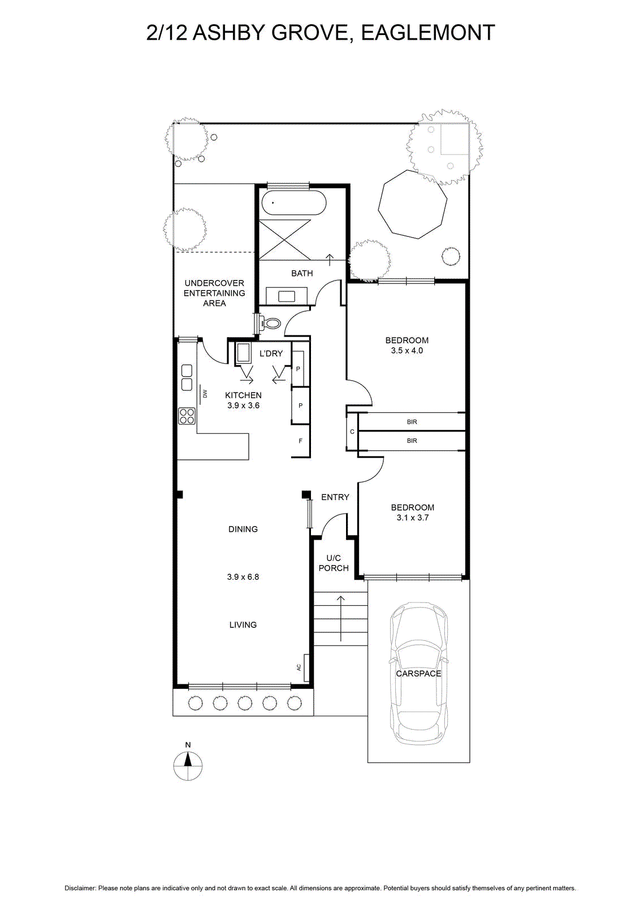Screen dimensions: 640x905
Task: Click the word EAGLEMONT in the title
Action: point(428,33)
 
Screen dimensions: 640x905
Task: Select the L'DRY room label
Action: point(271,354)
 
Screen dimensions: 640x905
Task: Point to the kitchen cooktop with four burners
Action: point(187,416)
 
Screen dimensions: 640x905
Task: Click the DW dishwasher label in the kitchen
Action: point(205,394)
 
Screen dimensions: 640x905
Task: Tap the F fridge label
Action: point(300,441)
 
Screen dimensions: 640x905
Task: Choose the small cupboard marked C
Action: point(352,432)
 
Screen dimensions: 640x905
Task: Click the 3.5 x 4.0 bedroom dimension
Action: point(407,351)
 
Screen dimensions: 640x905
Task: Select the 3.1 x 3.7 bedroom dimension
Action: point(412,518)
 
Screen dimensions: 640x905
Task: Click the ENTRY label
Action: point(335,497)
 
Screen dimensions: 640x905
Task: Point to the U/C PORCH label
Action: point(334,563)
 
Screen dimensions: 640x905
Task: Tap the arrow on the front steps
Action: point(341,618)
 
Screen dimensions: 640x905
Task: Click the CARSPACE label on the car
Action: point(419,674)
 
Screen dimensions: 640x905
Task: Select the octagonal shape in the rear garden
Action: point(413,204)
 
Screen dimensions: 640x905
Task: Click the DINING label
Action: point(243,529)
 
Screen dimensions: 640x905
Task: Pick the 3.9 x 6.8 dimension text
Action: point(243,577)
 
